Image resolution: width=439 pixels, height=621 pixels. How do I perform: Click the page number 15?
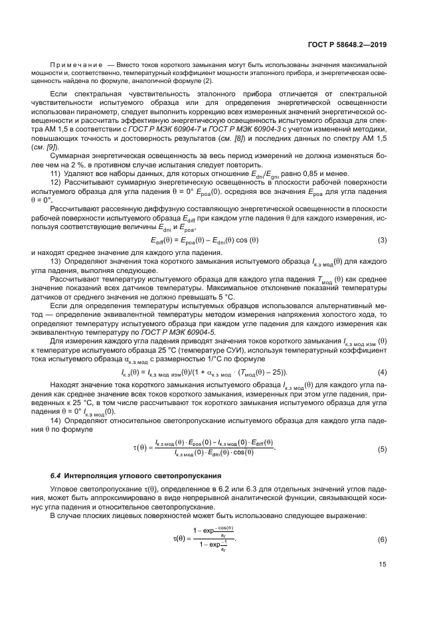[382, 565]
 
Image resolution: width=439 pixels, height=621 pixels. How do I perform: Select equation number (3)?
[382, 239]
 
